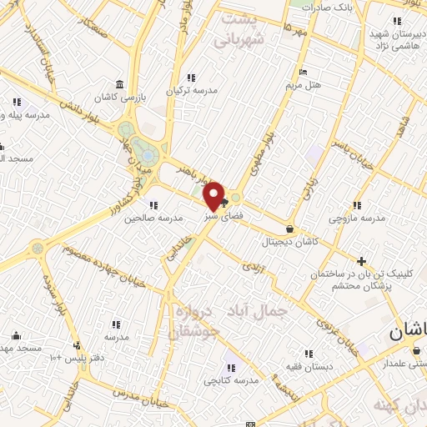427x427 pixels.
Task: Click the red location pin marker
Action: (x=214, y=196)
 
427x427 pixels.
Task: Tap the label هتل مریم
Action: (x=327, y=85)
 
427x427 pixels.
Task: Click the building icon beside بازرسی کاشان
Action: (x=122, y=84)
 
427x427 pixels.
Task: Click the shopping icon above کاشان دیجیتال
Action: (x=289, y=228)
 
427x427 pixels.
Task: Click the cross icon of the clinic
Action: (x=360, y=261)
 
